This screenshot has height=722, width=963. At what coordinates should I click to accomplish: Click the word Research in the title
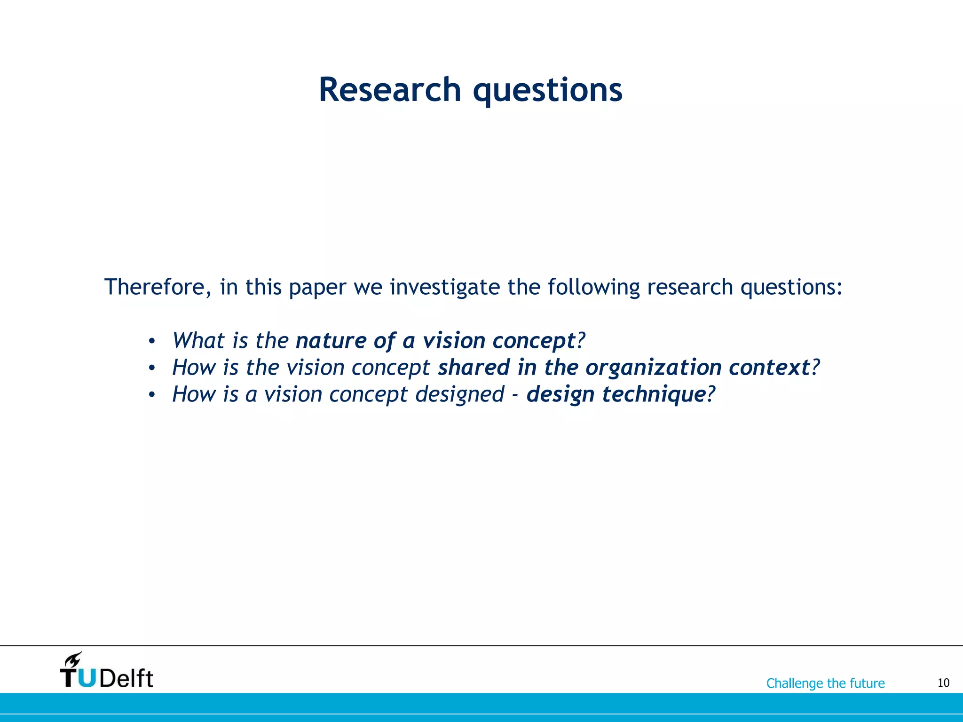click(390, 90)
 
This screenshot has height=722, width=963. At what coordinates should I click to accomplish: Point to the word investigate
click(444, 288)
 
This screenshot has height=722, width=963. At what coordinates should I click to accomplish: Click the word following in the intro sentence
click(593, 288)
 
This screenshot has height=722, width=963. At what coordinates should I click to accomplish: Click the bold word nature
click(331, 340)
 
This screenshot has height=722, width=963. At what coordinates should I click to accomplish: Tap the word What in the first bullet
click(198, 340)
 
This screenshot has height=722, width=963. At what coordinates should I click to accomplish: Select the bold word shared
click(474, 367)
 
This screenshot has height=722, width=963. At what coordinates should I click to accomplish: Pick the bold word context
click(769, 367)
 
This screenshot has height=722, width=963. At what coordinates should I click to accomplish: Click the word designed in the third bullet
click(460, 394)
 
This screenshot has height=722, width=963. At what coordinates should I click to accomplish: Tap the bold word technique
click(654, 394)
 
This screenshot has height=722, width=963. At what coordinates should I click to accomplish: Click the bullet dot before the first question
click(151, 341)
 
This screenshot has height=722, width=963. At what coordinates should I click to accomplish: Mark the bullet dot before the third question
click(151, 395)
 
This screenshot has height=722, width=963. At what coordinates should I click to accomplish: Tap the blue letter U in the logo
click(87, 678)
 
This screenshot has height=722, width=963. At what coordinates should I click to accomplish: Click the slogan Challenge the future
click(825, 683)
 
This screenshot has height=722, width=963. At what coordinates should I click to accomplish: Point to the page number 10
click(943, 683)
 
